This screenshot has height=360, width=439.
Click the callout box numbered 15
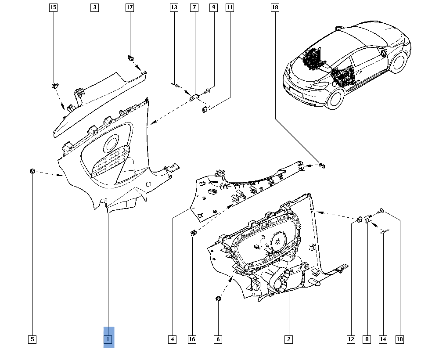point(53,7)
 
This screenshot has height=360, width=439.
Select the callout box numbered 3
point(95,7)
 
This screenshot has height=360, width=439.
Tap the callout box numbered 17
point(130,7)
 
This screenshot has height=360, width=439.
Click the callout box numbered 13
point(174,7)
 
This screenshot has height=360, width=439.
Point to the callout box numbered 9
point(213,7)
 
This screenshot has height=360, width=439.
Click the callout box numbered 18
point(275,7)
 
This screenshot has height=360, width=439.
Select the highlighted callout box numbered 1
point(108,339)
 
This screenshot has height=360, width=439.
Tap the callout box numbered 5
point(32,339)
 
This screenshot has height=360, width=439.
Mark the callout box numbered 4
point(173,339)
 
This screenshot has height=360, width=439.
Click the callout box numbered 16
point(192,339)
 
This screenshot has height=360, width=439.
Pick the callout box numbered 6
point(218,339)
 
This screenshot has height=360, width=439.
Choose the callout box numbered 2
point(288,339)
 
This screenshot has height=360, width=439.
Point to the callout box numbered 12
point(351,339)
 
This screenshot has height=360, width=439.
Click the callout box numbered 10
point(399,339)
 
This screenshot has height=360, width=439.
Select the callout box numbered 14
point(383,339)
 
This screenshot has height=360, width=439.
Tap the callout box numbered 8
point(367,339)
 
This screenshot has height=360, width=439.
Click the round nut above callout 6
point(218,299)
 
